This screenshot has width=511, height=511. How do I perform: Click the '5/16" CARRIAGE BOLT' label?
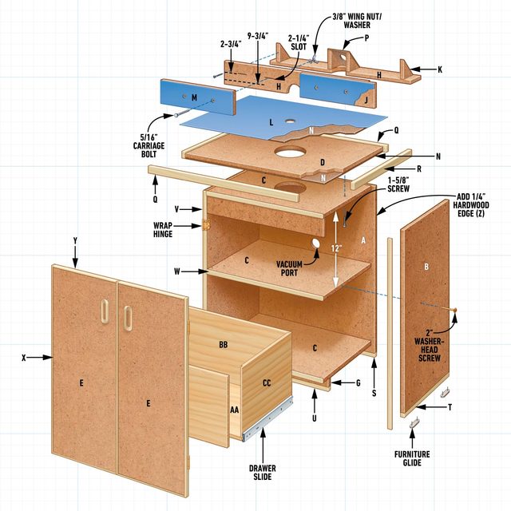pyautogui.click(x=149, y=145)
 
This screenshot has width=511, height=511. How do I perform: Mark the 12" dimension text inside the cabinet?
pyautogui.click(x=339, y=248)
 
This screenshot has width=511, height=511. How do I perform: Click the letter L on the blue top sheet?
pyautogui.click(x=271, y=122)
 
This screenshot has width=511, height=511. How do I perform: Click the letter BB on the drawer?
pyautogui.click(x=224, y=344)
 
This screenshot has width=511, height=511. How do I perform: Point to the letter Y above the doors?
pyautogui.click(x=74, y=241)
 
